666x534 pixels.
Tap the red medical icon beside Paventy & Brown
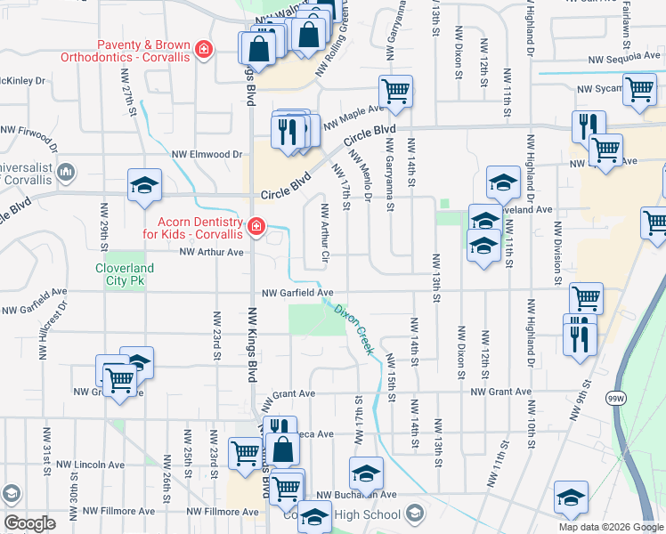point(203,48)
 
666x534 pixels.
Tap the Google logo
point(30,523)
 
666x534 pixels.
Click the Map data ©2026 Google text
point(611,527)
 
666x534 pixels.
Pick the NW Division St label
point(557,258)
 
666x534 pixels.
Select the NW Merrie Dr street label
point(361,174)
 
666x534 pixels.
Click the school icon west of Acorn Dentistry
point(144,185)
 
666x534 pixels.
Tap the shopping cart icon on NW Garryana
point(395,91)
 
